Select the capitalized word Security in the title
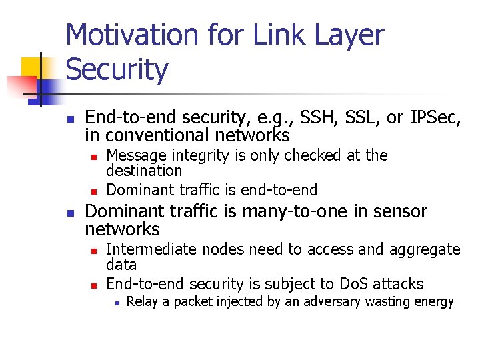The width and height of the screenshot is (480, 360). point(117,69)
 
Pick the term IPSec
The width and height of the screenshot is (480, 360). point(434,117)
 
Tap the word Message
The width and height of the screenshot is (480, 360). point(136,155)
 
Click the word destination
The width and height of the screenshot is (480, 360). point(144,171)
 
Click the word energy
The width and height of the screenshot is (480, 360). point(435,302)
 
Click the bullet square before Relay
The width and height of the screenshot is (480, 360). point(116,302)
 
